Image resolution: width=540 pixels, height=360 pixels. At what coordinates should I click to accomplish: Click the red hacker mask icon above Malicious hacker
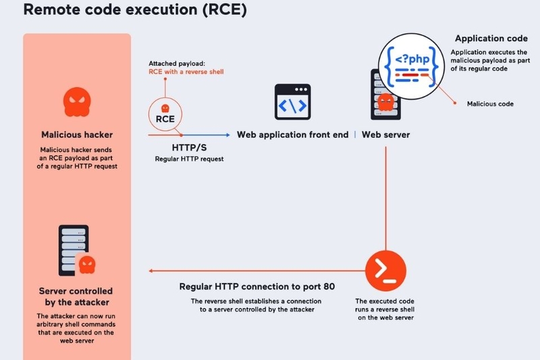76,102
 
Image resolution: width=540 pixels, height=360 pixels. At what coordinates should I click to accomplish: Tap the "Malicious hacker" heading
77,135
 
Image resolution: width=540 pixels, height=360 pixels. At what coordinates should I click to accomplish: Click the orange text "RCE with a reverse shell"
186,72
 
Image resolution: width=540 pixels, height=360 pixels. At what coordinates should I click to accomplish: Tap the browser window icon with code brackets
292,102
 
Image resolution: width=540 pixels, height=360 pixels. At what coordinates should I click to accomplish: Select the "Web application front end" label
292,134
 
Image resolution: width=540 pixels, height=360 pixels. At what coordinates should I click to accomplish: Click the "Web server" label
385,134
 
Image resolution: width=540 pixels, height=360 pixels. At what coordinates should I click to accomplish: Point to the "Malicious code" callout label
490,104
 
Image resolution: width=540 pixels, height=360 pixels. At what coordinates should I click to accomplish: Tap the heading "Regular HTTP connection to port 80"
256,286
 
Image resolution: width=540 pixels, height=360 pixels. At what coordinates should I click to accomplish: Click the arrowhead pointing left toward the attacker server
151,271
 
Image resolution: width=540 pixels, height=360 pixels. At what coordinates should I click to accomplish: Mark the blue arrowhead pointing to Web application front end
227,134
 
